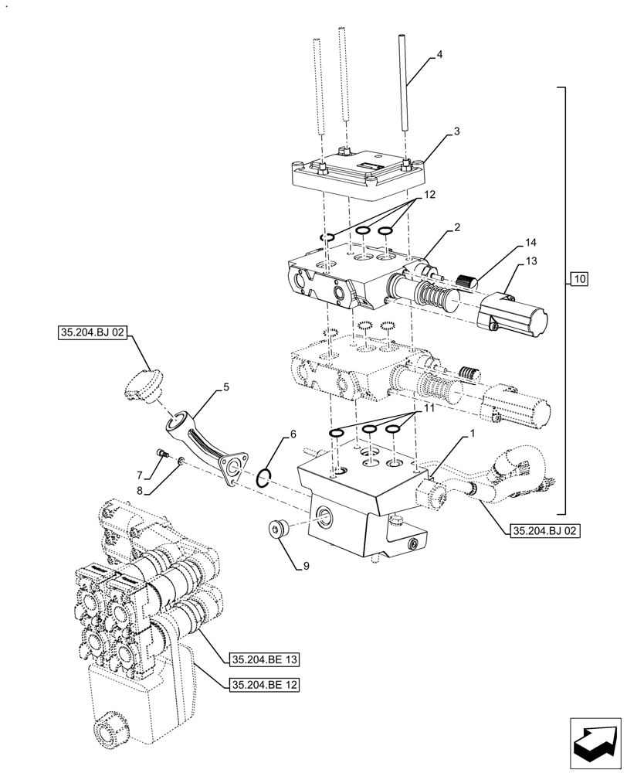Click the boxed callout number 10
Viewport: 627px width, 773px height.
pos(580,278)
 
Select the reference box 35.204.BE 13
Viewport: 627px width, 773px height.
pos(264,659)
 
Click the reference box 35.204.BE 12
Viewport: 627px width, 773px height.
pos(264,684)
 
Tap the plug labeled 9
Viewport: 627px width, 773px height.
pos(278,530)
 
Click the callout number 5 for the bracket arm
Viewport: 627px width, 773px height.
pos(226,387)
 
